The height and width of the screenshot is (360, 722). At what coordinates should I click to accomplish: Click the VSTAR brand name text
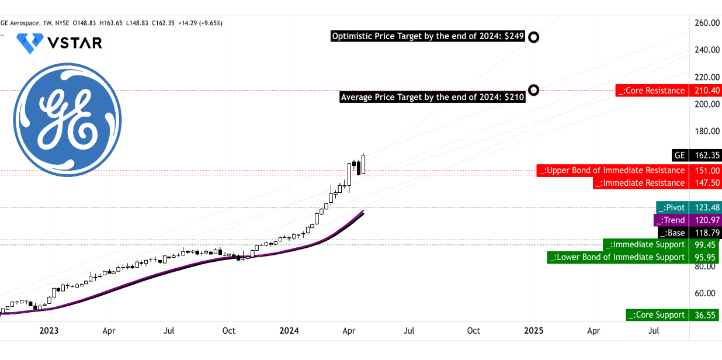(74, 43)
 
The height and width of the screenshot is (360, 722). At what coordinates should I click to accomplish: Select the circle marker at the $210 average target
(533, 90)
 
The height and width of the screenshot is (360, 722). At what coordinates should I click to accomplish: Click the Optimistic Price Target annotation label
(428, 37)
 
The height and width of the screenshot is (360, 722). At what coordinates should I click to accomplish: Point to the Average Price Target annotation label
(432, 97)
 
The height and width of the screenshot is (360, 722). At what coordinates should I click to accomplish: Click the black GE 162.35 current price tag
(697, 155)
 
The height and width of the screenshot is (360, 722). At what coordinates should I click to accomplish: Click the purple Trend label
(671, 220)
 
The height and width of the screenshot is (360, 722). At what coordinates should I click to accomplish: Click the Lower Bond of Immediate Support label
(617, 257)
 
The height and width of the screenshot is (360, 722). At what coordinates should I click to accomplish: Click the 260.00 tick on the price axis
(707, 23)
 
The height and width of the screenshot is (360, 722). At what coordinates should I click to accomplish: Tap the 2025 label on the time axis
(533, 331)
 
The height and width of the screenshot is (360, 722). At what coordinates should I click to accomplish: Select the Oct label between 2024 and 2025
(473, 331)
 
